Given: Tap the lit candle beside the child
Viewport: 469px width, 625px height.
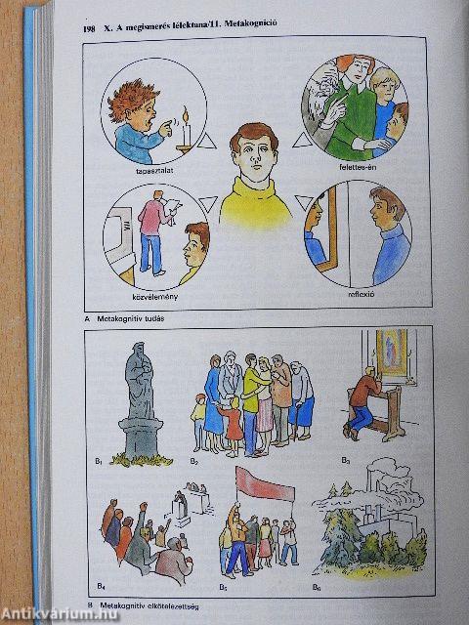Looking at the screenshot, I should coord(182,125).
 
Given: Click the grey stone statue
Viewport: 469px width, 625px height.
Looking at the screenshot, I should coord(137,391).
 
